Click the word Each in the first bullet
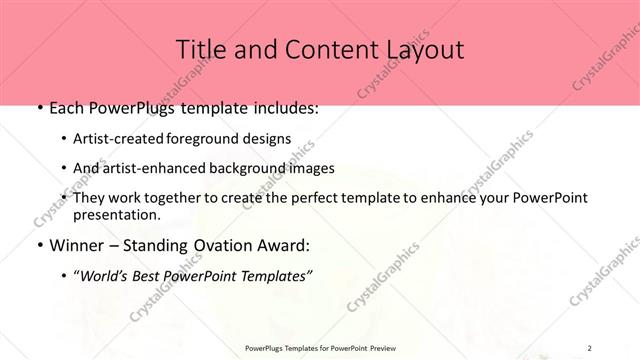point(65,108)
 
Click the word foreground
point(208,139)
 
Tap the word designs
point(267,139)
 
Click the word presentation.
point(116,214)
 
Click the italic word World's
point(103,276)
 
